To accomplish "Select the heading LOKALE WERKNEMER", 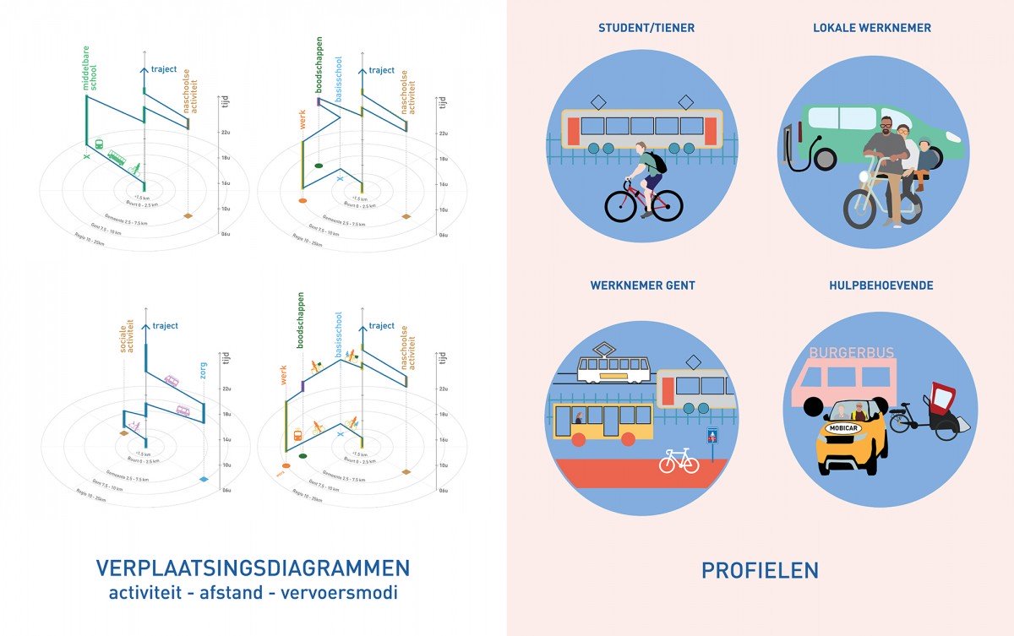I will pos(872,28).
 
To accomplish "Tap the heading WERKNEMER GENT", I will pos(642,285).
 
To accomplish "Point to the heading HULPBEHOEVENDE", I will pos(881,285).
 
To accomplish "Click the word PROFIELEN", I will pos(760,571).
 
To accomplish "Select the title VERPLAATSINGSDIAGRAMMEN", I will pos(253,568).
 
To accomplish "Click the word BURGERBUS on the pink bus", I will pos(851,353).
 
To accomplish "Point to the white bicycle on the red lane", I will pos(679,460).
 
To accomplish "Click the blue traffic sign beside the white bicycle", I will pos(711,436).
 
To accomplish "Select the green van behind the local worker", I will pos(879,133).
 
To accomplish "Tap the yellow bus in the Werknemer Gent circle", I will pos(602,421).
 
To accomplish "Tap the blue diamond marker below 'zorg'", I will pos(204,480).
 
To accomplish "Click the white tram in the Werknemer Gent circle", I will pos(613,367).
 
